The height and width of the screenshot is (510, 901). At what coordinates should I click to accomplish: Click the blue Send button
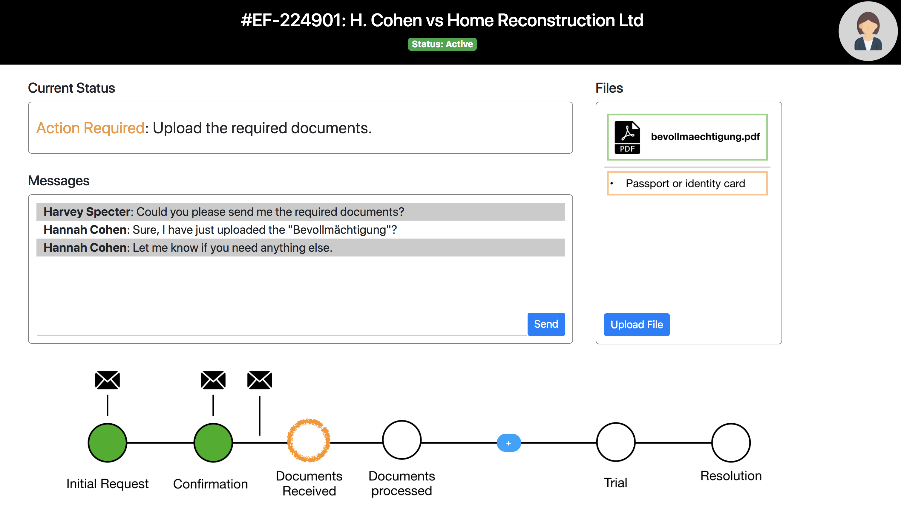point(546,324)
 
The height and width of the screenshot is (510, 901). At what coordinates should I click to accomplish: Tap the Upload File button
point(636,324)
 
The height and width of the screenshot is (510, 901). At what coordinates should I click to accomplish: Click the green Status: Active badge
point(442,44)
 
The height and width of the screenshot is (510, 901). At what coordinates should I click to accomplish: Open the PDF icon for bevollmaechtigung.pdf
point(627,137)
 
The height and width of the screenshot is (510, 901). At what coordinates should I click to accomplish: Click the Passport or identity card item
point(687,183)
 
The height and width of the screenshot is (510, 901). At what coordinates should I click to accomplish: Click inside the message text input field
point(281,324)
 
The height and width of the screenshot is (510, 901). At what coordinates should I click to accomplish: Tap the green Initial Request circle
point(107,442)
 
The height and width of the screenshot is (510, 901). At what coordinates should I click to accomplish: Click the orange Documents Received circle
point(308,440)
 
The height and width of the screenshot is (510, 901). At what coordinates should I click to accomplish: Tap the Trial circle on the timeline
point(615,442)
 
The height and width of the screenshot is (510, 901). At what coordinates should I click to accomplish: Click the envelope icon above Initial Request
point(107,380)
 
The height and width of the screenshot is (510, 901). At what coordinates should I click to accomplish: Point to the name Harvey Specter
point(87,212)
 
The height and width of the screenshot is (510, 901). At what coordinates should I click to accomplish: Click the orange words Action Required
point(90,128)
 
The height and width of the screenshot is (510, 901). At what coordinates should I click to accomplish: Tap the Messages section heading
point(59,181)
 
